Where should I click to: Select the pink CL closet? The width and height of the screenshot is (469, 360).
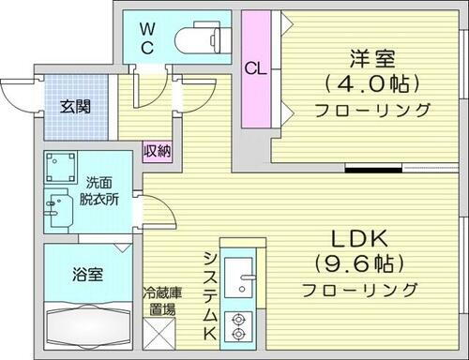(253, 69)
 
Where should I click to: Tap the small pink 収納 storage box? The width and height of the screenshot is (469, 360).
(157, 150)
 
